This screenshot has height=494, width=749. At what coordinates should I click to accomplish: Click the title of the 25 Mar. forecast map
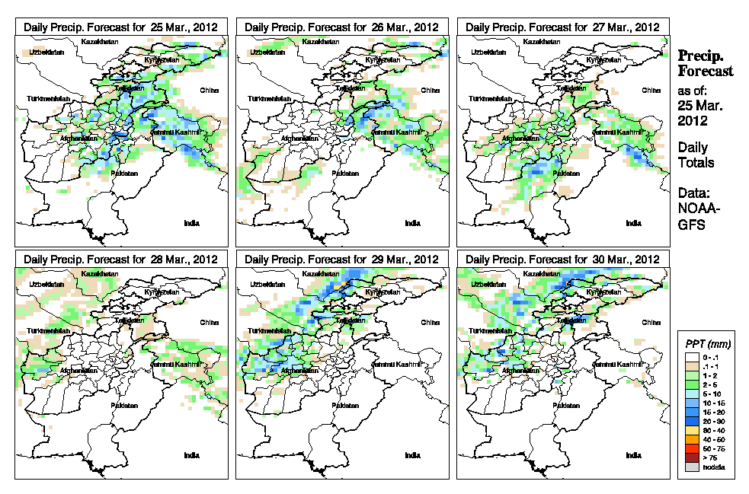pos(121,27)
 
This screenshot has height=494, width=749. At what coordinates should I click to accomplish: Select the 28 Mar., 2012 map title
pos(121,259)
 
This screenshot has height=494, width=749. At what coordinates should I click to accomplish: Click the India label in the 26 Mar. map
pos(412,223)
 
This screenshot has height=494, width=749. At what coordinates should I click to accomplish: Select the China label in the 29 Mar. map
pos(430,322)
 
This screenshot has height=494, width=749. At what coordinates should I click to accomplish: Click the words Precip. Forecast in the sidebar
pos(705,63)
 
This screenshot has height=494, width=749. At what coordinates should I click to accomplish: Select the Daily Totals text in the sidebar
pos(693,155)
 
